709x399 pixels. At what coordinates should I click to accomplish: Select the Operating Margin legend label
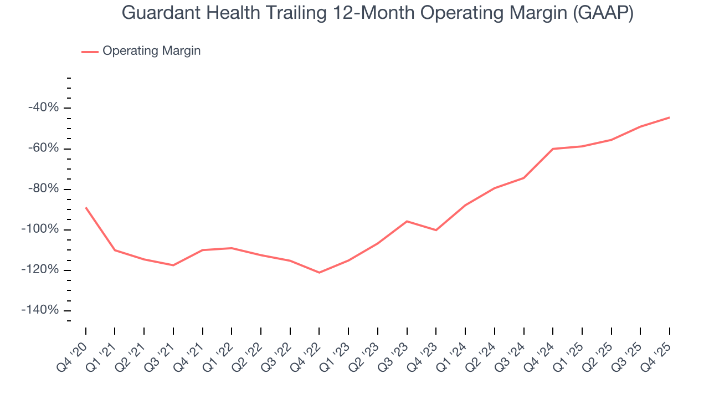coord(151,51)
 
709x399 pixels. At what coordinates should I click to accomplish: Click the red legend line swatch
coord(90,52)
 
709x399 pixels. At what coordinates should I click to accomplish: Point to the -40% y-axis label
coord(43,108)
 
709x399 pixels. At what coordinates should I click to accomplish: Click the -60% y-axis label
coord(43,148)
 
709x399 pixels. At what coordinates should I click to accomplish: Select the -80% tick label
coord(43,188)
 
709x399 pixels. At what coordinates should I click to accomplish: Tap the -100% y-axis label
coord(40,229)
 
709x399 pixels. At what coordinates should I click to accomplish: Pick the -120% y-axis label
coord(40,269)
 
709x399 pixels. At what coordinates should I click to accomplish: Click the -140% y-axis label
coord(40,310)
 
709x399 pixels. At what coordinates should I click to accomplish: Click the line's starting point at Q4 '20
coord(86,207)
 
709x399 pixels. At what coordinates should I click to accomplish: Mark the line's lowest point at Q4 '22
coord(319,273)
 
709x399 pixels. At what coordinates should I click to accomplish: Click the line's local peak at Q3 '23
coord(407,221)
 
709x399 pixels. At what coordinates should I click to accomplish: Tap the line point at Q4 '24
coord(553,149)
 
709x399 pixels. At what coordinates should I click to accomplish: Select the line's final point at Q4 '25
coord(669,117)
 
